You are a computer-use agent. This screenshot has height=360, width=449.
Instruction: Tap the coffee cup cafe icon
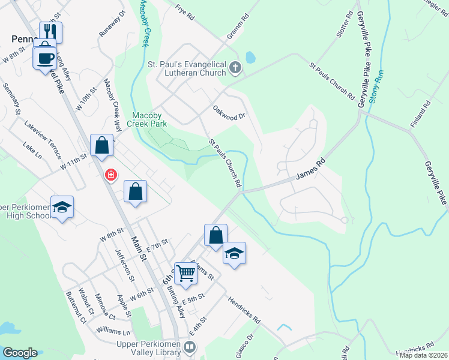coord(46,59)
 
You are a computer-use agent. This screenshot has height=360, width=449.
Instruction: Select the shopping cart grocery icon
coord(186,273)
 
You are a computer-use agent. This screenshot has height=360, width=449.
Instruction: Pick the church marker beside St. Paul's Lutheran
coord(235,70)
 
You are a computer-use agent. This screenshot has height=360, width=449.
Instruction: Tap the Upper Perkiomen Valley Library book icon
coord(190,347)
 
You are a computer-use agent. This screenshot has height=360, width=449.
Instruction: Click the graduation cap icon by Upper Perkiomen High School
coord(62,207)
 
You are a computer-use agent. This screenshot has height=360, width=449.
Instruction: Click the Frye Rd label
coord(185,13)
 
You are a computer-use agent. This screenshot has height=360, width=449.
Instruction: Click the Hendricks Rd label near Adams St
coord(244,309)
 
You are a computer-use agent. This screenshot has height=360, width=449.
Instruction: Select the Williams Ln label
coord(113,332)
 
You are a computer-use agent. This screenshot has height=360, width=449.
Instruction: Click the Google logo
coord(20,353)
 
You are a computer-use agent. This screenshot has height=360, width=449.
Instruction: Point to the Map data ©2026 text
coord(423,355)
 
